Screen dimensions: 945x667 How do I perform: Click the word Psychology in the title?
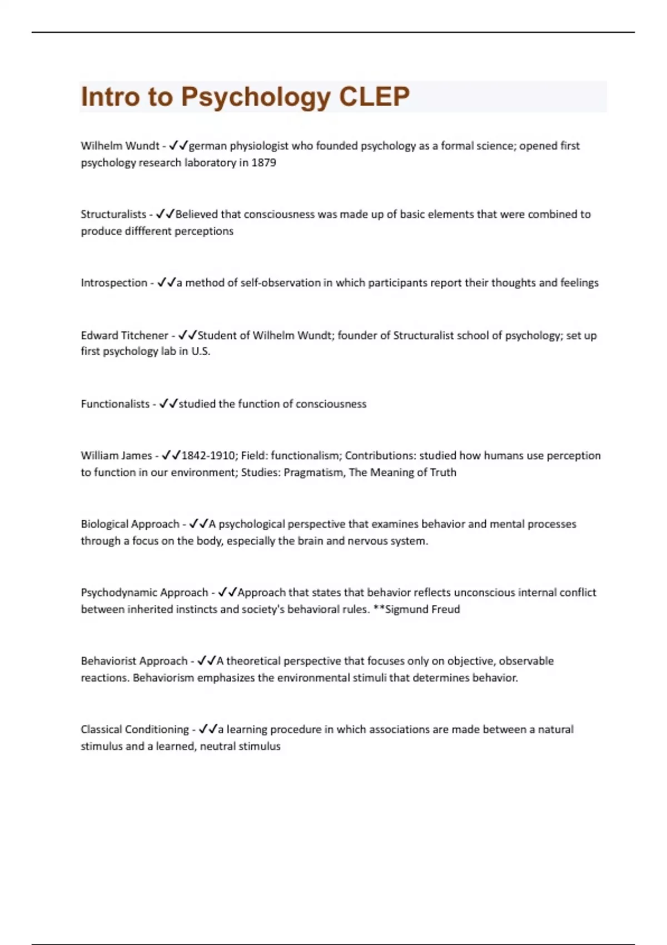tap(256, 97)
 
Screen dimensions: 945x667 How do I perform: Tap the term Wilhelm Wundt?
tap(120, 146)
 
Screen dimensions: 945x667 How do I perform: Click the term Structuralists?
tap(113, 214)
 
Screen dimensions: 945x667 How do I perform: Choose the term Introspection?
tap(114, 282)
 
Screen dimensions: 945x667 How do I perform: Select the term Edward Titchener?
tap(125, 335)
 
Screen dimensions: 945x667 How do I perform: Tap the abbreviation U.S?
tap(201, 351)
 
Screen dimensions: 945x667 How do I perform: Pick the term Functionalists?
tap(115, 404)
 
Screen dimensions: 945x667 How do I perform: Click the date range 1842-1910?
tap(209, 456)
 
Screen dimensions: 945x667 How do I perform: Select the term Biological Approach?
tap(130, 524)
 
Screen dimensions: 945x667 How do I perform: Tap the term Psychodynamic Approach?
tap(145, 593)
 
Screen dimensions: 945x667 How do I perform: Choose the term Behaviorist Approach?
tap(135, 661)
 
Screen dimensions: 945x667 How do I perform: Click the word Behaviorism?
tap(163, 678)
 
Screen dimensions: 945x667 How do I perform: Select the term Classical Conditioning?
tap(135, 729)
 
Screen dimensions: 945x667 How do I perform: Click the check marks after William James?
tap(171, 456)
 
